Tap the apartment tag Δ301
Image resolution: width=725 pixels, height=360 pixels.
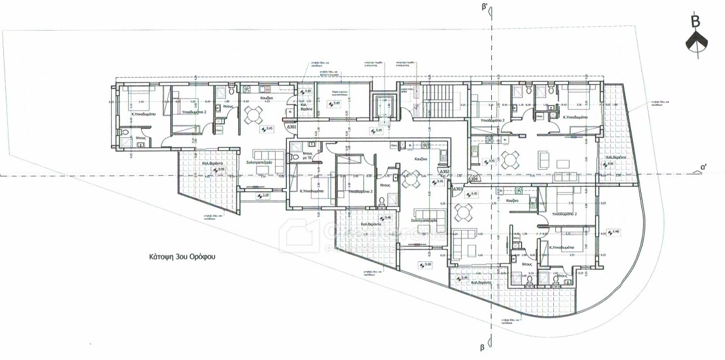coord(291,127)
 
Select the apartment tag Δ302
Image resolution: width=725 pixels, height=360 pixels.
coord(444,171)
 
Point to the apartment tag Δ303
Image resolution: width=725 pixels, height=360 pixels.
coord(458,189)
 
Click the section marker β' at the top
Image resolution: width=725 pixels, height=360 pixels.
coord(484,9)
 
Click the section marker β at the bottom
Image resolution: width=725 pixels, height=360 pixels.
coord(483,348)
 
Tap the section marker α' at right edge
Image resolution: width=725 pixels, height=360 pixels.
coord(703,167)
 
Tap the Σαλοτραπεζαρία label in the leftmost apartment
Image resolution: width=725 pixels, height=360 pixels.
coord(259,162)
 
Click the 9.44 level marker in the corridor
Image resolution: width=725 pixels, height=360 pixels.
coord(378,131)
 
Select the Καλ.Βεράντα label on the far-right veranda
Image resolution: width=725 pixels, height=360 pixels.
coord(616,157)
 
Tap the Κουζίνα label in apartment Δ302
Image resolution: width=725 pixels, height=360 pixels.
coord(421,159)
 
